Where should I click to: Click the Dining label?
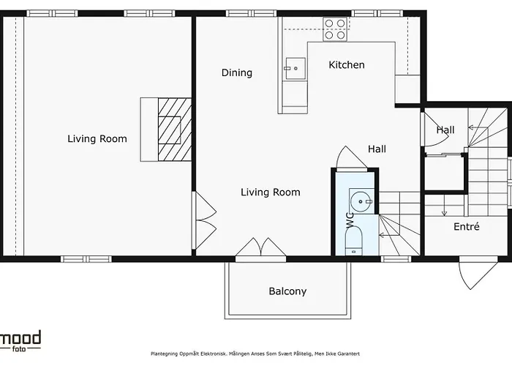click(x=237, y=72)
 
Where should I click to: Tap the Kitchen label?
click(x=346, y=65)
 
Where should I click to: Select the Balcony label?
click(x=287, y=291)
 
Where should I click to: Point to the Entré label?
click(x=467, y=227)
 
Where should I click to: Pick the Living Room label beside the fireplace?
click(x=97, y=138)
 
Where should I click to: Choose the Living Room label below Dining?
click(x=271, y=193)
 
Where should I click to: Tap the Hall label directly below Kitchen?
click(x=377, y=149)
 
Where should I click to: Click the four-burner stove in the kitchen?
click(x=335, y=29)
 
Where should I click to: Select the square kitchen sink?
click(x=295, y=70)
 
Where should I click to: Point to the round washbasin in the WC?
click(x=361, y=199)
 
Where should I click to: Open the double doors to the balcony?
click(x=260, y=248)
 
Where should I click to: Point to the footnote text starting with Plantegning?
click(x=255, y=353)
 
